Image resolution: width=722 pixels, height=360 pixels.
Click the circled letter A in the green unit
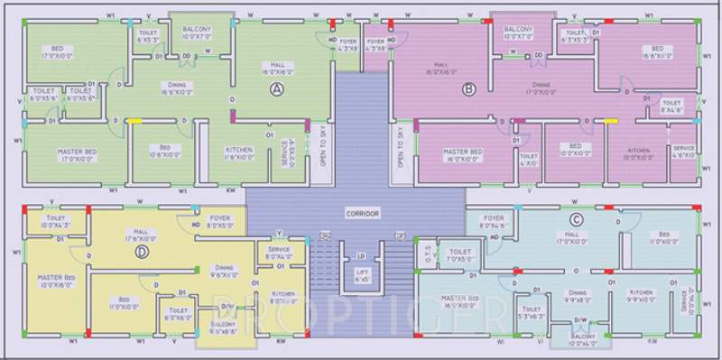(278, 88)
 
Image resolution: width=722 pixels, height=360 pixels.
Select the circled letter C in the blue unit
(576, 219)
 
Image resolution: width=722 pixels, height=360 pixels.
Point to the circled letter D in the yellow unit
(141, 252)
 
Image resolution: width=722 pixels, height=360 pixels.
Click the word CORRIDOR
(362, 213)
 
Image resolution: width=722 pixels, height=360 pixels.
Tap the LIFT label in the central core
(362, 272)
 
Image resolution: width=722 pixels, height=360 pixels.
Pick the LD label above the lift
(361, 256)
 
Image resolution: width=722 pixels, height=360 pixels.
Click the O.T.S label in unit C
(428, 254)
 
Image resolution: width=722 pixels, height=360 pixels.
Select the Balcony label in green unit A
(197, 29)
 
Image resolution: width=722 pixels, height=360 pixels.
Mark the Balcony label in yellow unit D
(223, 324)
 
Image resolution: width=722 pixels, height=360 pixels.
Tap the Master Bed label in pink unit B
(462, 152)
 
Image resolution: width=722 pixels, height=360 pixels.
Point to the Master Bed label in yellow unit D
(55, 278)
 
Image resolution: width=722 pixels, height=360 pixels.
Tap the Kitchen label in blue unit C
(641, 292)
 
